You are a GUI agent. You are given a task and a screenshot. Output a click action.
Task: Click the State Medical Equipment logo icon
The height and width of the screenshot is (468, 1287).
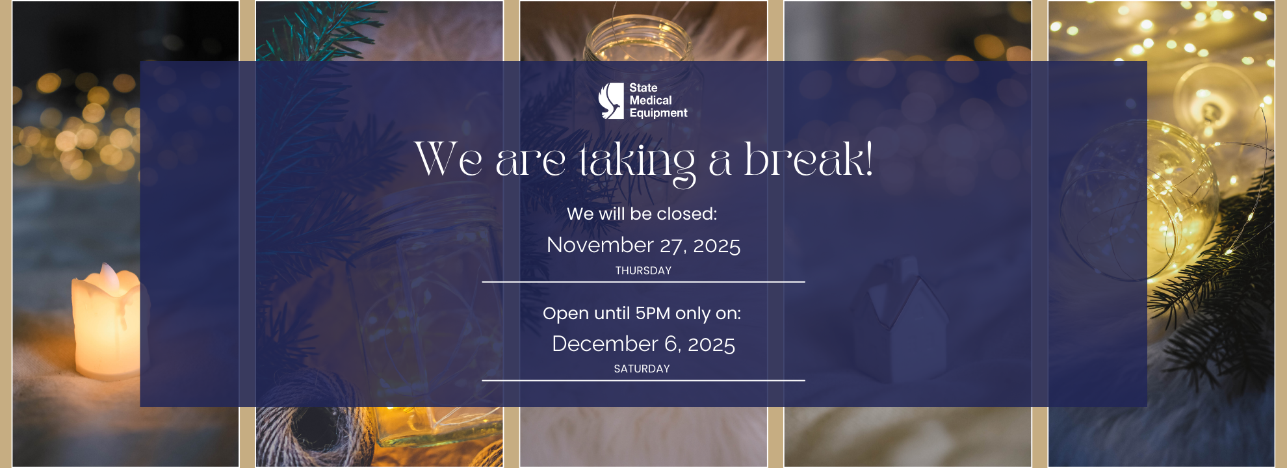point(611,101)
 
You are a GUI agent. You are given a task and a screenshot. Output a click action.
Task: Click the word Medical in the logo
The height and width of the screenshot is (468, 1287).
point(651,100)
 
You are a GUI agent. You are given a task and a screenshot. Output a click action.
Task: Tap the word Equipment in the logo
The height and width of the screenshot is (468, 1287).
point(658,113)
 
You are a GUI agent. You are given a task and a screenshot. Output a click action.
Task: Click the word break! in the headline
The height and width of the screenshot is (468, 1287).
point(808,159)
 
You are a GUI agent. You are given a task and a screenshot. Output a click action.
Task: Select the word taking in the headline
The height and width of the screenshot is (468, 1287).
point(637,162)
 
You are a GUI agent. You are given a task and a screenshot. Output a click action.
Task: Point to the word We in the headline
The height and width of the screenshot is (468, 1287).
point(448,159)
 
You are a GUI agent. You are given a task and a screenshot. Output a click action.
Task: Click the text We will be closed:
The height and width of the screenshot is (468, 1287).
point(642,214)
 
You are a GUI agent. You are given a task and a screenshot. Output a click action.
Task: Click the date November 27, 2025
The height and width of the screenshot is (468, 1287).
point(643,245)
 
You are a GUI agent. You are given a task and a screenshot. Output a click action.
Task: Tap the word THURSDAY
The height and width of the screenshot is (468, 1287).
point(643,270)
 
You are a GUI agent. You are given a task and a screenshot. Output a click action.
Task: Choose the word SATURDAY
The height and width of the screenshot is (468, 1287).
point(642,369)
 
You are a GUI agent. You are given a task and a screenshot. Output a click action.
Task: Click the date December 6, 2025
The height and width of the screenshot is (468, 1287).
point(643,344)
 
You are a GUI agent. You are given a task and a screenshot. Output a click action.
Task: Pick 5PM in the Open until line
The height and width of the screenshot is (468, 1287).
point(653,313)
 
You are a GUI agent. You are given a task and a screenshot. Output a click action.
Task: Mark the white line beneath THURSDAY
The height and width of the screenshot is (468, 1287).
point(643,282)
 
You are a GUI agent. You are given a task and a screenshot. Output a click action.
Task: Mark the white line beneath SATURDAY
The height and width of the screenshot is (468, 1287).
point(643,380)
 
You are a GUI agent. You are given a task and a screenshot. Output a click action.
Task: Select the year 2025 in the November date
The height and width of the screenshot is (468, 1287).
point(717,246)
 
